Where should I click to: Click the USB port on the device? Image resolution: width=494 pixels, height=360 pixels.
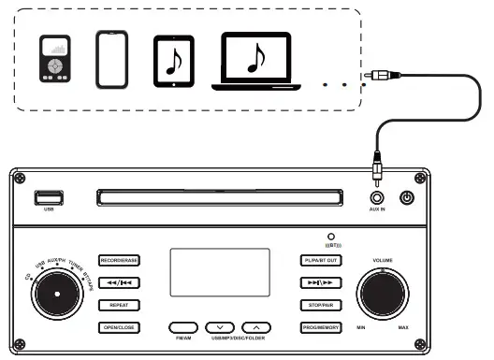pyautogui.click(x=50, y=197)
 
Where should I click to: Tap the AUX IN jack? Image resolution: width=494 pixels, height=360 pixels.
pyautogui.click(x=377, y=197)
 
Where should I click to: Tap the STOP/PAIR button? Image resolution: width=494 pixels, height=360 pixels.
pyautogui.click(x=321, y=304)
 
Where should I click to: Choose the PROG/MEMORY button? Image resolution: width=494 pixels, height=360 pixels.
pyautogui.click(x=321, y=326)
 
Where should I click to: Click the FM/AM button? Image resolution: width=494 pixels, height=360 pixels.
pyautogui.click(x=184, y=327)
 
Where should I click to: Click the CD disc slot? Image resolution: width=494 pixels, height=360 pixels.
pyautogui.click(x=217, y=196)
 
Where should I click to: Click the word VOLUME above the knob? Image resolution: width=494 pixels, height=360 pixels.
pyautogui.click(x=383, y=259)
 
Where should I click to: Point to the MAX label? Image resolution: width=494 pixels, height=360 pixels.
pyautogui.click(x=403, y=328)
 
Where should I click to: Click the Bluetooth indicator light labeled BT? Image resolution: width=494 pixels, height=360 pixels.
pyautogui.click(x=330, y=238)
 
